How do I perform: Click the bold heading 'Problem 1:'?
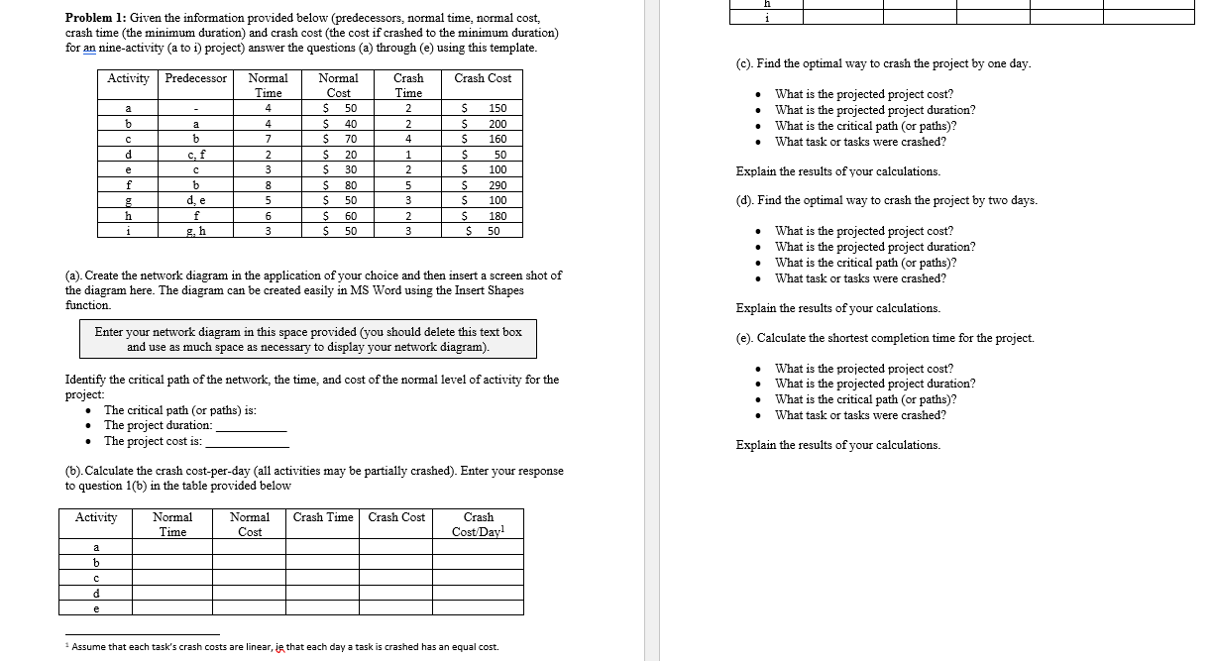[95, 18]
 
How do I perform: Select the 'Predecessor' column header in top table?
[195, 78]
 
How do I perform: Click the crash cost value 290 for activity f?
[497, 185]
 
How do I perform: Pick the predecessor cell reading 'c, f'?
[195, 155]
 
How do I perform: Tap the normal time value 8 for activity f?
[268, 185]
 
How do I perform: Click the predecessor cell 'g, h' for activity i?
[195, 231]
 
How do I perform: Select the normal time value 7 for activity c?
[268, 139]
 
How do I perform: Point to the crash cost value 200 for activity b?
[497, 124]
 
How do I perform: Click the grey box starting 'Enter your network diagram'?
[308, 339]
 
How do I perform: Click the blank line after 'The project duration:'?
[252, 427]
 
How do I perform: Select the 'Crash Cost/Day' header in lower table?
[479, 524]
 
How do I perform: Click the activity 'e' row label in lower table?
[96, 608]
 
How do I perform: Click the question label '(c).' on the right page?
[745, 63]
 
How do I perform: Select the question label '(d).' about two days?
[745, 200]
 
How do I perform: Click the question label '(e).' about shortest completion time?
[745, 338]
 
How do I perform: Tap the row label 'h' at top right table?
[766, 3]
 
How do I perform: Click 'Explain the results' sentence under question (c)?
[837, 171]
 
